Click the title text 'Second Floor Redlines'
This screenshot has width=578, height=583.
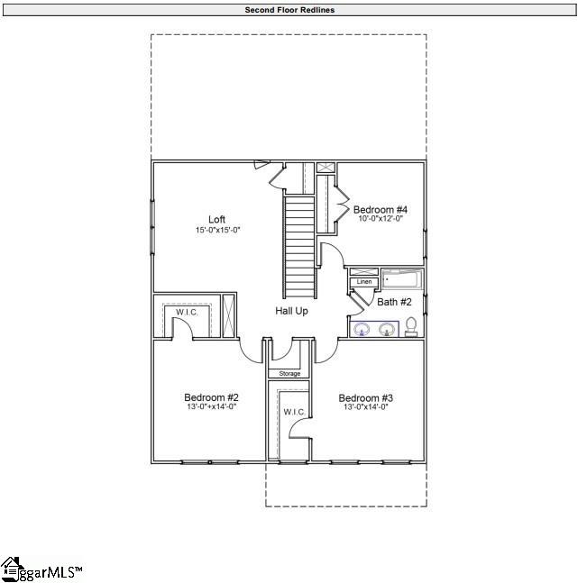click(x=289, y=10)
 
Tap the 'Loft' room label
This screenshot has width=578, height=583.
click(x=216, y=220)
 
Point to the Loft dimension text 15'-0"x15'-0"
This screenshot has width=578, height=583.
click(x=217, y=231)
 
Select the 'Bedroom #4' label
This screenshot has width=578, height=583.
click(x=380, y=209)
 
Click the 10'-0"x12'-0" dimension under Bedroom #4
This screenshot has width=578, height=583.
click(x=380, y=219)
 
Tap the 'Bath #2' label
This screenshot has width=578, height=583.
click(x=394, y=302)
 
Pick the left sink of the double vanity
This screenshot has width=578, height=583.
click(x=362, y=329)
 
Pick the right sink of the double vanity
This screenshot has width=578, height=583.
click(x=387, y=329)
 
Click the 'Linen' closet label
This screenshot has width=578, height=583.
click(x=364, y=282)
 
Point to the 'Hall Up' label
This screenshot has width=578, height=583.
click(x=291, y=311)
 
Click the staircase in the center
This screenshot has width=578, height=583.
click(x=300, y=248)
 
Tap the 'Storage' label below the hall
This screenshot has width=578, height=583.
click(x=289, y=373)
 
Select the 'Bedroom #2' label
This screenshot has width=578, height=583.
click(x=211, y=397)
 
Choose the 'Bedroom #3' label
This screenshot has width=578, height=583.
click(x=365, y=397)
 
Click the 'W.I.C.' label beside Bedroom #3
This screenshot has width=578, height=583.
click(x=295, y=412)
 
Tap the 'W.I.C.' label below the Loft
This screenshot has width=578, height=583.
click(x=187, y=312)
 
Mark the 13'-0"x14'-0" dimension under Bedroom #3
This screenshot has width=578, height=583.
click(x=365, y=407)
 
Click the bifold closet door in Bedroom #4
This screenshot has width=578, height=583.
click(x=342, y=209)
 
